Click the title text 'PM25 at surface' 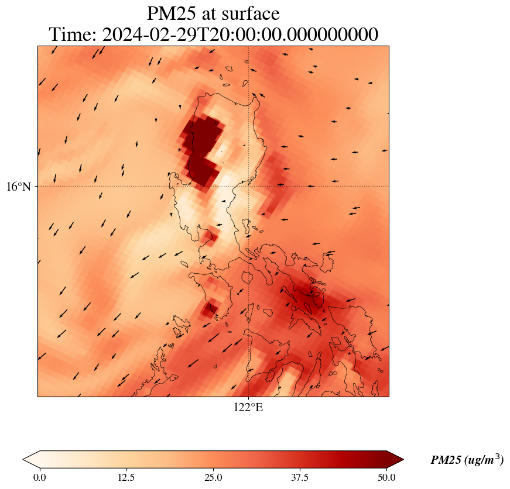coord(213,13)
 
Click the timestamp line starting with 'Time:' coord(213,35)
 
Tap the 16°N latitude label coord(19,187)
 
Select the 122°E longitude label coord(248,408)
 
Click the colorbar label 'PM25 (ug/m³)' coord(467,460)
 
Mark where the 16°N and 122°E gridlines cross coord(249,186)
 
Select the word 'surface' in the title coord(250,13)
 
